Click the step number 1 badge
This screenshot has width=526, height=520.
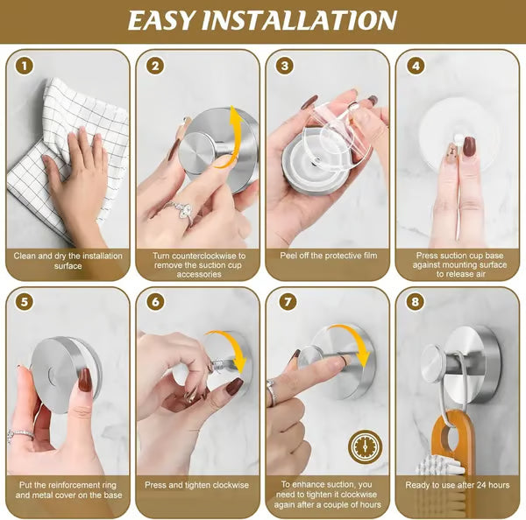(25, 66)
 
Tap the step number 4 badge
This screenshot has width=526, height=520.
(415, 66)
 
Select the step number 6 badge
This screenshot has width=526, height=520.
(155, 302)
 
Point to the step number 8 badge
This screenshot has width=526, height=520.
(415, 302)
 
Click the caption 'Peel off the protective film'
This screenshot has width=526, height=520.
(327, 256)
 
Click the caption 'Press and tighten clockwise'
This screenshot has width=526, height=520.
(197, 484)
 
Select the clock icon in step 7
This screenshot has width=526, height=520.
(365, 447)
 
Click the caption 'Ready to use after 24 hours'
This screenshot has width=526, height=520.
(457, 484)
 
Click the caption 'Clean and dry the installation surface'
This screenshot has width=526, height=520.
(67, 261)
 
